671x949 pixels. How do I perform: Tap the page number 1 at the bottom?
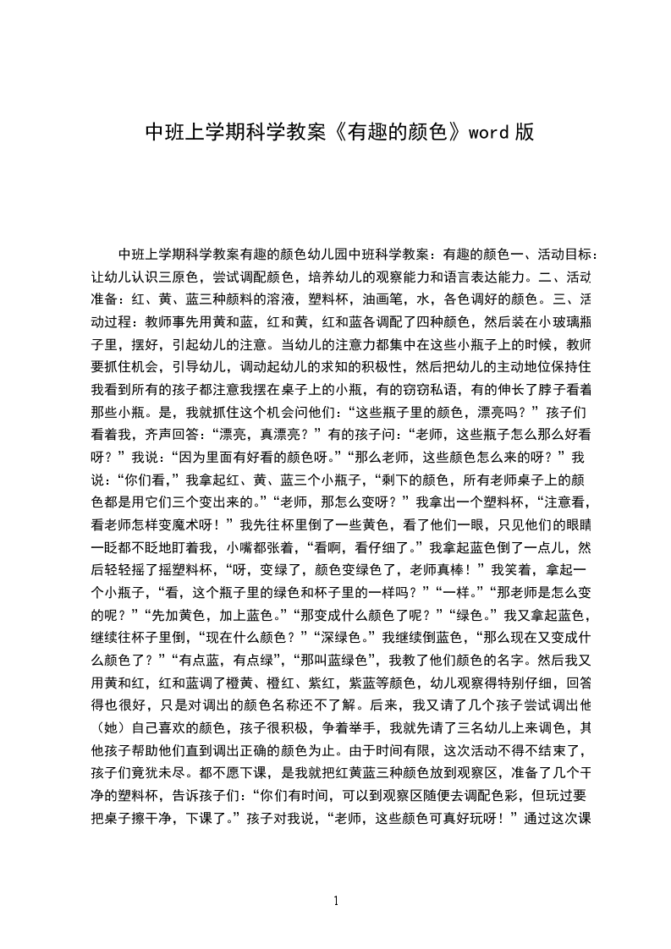point(336,901)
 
